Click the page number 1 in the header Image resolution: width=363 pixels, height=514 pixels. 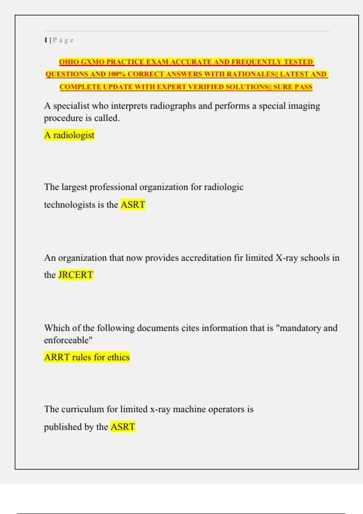point(46,40)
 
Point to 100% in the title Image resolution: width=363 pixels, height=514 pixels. point(116,74)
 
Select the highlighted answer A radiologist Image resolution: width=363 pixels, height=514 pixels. point(69,135)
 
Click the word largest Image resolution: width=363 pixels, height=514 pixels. point(74,187)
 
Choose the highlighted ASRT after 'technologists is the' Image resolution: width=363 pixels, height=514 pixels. point(133,205)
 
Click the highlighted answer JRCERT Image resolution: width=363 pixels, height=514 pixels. point(76,275)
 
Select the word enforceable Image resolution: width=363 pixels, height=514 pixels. point(67,340)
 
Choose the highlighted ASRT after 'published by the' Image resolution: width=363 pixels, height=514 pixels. point(123,427)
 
